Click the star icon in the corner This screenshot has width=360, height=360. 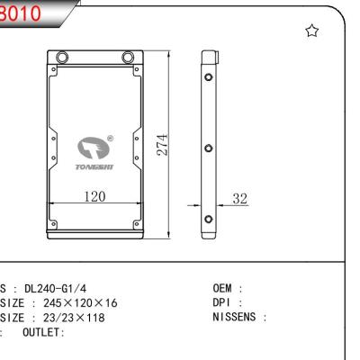click(312, 31)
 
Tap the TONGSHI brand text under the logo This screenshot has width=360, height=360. click(94, 166)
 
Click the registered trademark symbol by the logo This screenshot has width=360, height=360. click(110, 139)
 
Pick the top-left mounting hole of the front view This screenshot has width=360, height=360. click(61, 60)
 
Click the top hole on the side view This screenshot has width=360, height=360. click(209, 77)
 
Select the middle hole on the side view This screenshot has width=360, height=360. click(209, 148)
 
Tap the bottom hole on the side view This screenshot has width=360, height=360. click(209, 219)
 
